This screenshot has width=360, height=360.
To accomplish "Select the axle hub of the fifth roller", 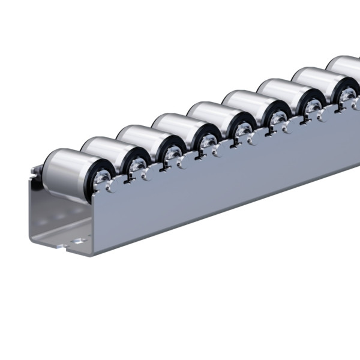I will (242, 130).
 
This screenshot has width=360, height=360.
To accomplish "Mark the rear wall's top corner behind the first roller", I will (36, 170).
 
